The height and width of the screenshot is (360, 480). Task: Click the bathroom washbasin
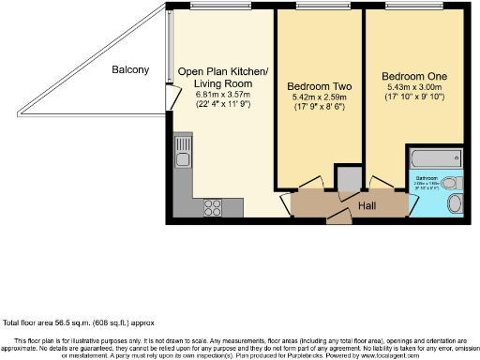[x=456, y=204]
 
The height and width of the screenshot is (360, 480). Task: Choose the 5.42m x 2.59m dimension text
[x=319, y=97]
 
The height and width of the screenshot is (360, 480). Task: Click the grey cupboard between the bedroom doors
[x=349, y=177]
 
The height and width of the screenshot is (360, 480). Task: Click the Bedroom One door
[x=381, y=182]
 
